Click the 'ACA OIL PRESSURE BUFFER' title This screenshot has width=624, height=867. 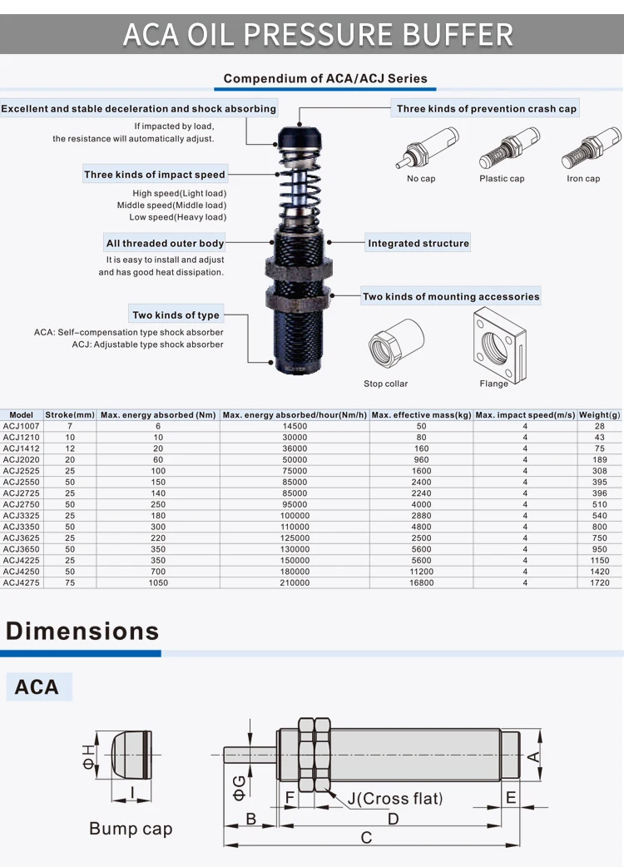(318, 34)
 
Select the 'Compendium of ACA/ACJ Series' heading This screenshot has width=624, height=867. (325, 79)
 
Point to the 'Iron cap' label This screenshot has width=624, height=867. (583, 179)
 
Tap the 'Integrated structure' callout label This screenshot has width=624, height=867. (418, 244)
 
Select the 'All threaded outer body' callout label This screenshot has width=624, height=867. (165, 244)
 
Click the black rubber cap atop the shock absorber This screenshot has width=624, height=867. (297, 133)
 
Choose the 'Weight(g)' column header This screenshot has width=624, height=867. (600, 414)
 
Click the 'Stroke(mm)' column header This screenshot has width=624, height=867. (70, 414)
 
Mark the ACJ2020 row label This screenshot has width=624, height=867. (21, 459)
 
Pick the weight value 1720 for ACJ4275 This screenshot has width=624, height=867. (600, 582)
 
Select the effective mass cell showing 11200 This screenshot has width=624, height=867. (422, 572)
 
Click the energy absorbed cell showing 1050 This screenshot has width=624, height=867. (158, 582)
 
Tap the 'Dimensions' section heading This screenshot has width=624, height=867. (82, 631)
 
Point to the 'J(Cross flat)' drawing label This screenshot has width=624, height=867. (394, 799)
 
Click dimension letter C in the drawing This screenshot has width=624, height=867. (366, 837)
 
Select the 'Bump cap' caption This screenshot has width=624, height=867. (131, 829)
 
